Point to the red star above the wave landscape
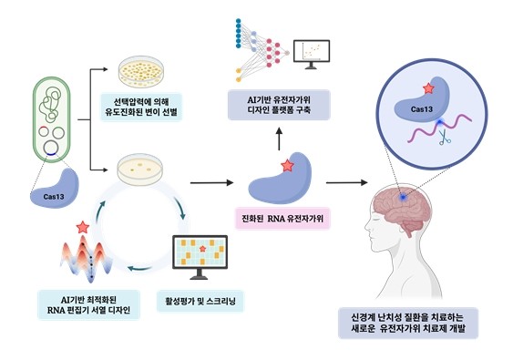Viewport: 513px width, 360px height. click(84, 225)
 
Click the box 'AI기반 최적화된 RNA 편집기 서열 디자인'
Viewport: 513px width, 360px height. click(88, 304)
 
